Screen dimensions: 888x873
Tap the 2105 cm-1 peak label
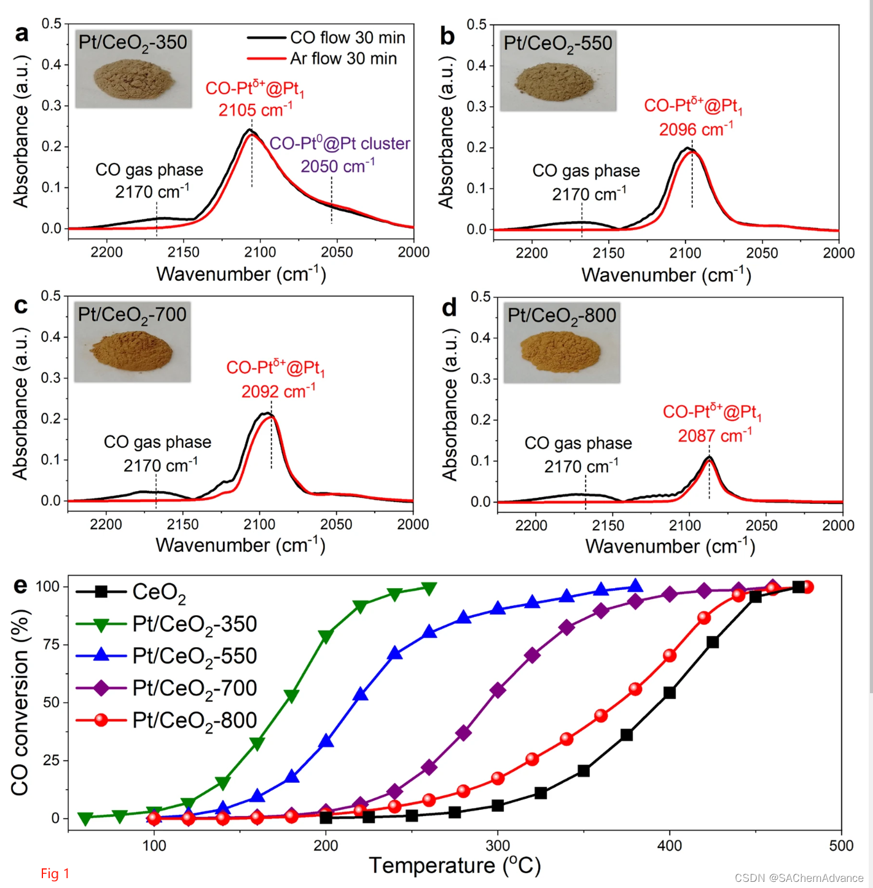255,110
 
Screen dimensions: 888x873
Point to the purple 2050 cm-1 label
337,167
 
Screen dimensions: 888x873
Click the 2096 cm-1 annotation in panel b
695,130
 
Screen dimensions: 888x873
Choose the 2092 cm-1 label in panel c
278,391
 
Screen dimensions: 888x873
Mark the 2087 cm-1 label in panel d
714,436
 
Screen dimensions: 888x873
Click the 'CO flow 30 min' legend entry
347,38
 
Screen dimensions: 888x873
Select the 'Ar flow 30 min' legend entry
343,59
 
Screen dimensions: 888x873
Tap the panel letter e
20,585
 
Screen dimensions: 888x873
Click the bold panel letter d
449,307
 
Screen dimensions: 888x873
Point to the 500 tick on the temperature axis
841,846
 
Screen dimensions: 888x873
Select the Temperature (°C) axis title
455,865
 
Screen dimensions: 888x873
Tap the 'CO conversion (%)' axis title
20,702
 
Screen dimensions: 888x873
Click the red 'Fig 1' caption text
55,873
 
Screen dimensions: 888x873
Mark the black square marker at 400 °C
670,693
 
